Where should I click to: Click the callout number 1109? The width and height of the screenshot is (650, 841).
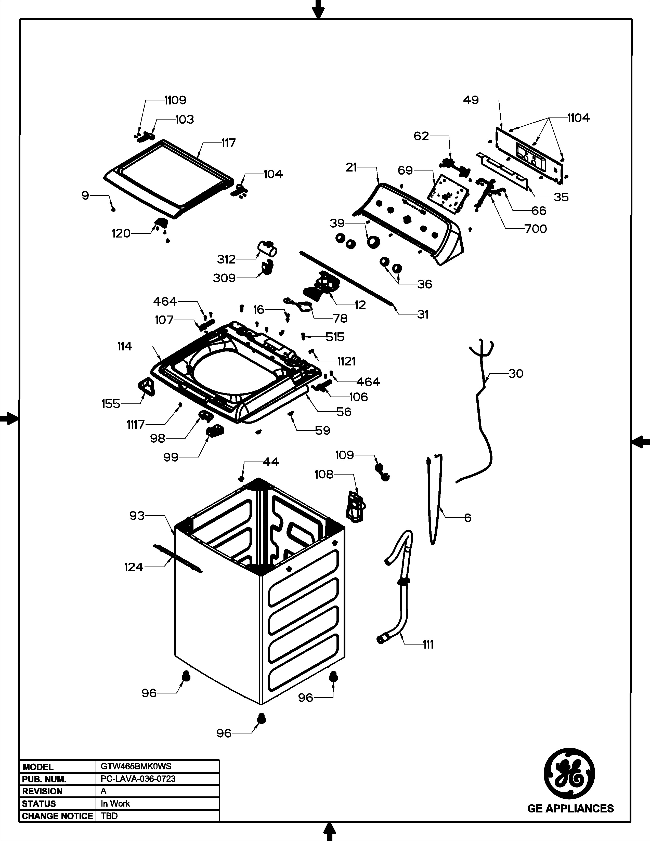click(x=175, y=100)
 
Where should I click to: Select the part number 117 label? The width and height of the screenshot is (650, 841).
click(x=228, y=143)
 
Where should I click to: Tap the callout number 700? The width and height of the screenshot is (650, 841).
click(x=536, y=229)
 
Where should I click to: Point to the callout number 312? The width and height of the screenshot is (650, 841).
click(x=226, y=259)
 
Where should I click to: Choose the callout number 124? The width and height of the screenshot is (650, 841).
click(x=134, y=567)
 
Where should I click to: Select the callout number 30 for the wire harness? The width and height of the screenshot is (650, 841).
click(x=516, y=374)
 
